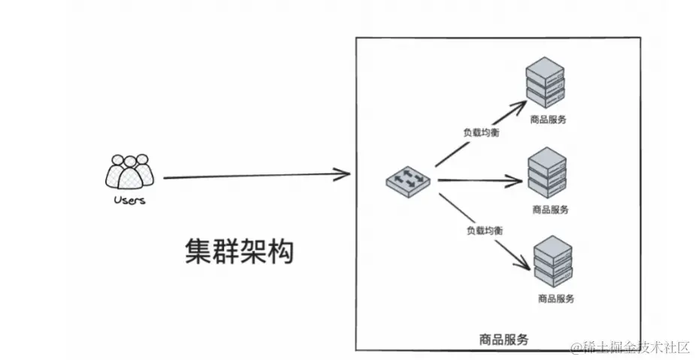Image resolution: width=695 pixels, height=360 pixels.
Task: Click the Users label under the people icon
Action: pyautogui.click(x=129, y=201)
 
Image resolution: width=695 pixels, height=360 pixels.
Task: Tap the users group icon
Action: pyautogui.click(x=130, y=172)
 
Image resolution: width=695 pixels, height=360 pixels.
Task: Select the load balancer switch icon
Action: pyautogui.click(x=409, y=180)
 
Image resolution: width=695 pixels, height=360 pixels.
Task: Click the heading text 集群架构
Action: pyautogui.click(x=240, y=253)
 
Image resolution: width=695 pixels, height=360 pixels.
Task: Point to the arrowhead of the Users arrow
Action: pyautogui.click(x=344, y=175)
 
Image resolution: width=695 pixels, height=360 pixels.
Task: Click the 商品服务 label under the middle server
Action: pyautogui.click(x=550, y=210)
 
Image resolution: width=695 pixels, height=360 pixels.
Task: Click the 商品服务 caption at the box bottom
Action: pyautogui.click(x=503, y=340)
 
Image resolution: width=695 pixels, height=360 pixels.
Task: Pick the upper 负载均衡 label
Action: pyautogui.click(x=480, y=132)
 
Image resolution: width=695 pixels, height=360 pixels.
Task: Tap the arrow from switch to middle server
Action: pyautogui.click(x=479, y=180)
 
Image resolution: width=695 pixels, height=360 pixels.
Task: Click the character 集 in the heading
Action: pyautogui.click(x=198, y=253)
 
